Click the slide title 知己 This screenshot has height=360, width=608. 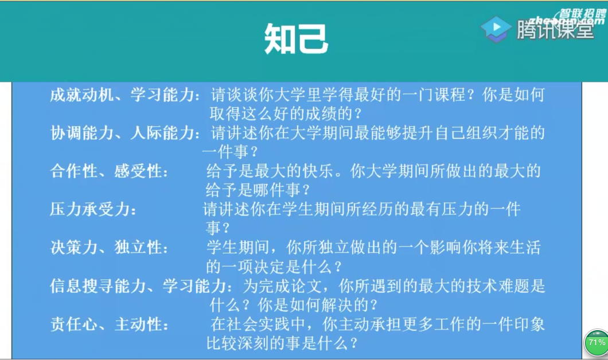(x=296, y=38)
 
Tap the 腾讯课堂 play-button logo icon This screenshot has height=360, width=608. (x=496, y=29)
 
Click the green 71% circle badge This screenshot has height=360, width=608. (x=597, y=343)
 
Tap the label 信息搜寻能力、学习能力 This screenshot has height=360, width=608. (x=138, y=286)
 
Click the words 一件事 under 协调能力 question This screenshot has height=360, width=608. (x=225, y=152)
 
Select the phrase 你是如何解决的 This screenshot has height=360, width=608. (x=313, y=305)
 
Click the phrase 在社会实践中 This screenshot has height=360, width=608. (x=258, y=324)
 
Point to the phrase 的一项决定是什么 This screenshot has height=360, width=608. (x=269, y=267)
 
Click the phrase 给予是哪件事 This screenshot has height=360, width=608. (x=253, y=190)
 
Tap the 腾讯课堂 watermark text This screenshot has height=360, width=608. (x=555, y=30)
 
